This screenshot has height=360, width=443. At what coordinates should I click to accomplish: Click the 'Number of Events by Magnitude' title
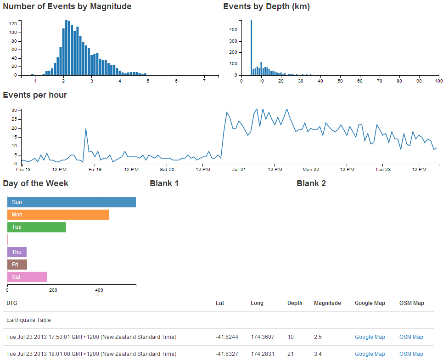coord(67,6)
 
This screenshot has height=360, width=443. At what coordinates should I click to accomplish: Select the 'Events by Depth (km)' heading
coord(266,6)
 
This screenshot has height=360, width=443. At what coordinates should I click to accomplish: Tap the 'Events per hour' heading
coord(35,95)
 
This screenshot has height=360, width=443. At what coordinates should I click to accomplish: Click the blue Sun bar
coord(72,202)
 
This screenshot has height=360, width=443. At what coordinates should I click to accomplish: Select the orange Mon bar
coord(58,215)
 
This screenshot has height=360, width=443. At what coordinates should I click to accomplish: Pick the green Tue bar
coord(37,227)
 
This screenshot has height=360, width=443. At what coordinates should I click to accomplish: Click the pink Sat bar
coord(27,277)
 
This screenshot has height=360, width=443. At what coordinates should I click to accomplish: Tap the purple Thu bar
coord(17,252)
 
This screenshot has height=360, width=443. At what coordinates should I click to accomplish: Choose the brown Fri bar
coord(17,265)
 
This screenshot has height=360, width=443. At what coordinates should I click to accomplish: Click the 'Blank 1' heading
coord(164,183)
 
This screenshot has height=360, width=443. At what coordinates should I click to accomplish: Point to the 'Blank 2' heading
coord(311,183)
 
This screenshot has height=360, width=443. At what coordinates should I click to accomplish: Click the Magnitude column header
coord(327,303)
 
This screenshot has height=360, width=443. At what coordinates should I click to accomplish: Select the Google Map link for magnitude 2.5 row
coord(370,337)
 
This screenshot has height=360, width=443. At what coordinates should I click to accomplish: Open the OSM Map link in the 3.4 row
coord(411,354)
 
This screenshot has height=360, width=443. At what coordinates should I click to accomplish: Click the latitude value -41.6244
coord(227,337)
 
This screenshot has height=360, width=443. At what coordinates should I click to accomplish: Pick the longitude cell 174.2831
coord(262,354)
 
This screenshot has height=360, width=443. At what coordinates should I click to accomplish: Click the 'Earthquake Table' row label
coord(28,320)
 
